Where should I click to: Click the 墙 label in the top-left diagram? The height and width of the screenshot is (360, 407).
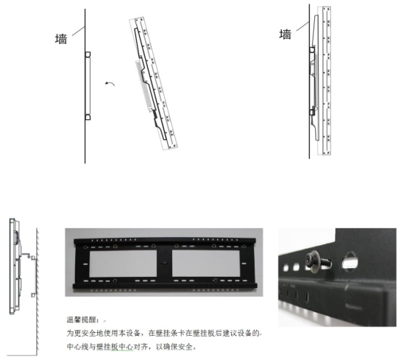(61, 39)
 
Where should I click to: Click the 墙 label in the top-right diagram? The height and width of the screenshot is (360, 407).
(286, 35)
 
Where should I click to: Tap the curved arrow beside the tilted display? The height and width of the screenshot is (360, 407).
(110, 83)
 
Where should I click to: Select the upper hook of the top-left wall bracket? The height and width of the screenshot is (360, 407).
(88, 54)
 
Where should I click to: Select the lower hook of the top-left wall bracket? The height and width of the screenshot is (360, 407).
(88, 117)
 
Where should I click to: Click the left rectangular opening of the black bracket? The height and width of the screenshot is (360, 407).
(123, 263)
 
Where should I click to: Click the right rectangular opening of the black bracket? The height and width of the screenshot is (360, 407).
(206, 263)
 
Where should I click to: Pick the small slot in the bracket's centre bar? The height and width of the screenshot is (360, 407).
(164, 264)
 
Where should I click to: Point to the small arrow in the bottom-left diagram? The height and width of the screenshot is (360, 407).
(26, 255)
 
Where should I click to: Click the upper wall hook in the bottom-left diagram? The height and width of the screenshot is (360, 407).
(33, 258)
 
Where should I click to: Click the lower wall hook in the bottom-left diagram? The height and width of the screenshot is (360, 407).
(33, 295)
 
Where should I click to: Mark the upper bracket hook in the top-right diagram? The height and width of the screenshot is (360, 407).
(312, 49)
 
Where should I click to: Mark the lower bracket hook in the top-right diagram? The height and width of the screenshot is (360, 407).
(312, 113)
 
